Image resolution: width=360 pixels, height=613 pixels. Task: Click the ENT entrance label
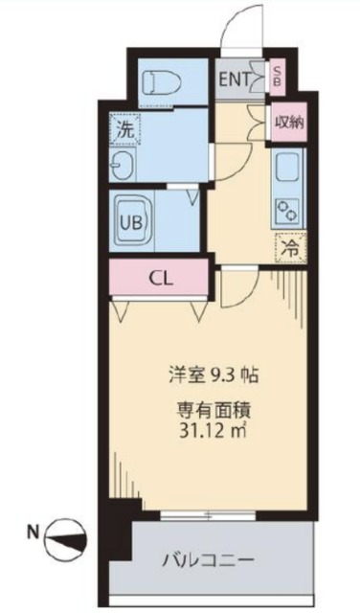[236, 79]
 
